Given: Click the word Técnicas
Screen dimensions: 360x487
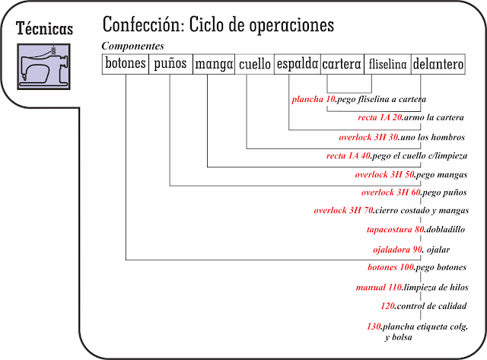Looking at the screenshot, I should (x=46, y=28).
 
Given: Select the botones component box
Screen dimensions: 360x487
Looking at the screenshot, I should (x=125, y=65).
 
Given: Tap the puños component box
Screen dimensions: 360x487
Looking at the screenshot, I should (x=170, y=65).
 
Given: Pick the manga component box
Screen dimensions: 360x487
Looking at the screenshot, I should (x=213, y=65).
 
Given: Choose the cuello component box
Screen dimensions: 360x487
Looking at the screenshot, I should (x=254, y=65).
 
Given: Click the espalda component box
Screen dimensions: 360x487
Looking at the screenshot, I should (x=297, y=65).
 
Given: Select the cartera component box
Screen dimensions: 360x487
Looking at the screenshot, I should (x=342, y=65).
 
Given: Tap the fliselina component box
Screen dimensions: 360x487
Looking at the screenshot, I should (x=387, y=65).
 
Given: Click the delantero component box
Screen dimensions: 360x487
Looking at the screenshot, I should (x=438, y=65).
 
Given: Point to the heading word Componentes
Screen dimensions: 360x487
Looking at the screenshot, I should (x=133, y=46).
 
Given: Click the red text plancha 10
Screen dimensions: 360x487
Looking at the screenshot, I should (x=314, y=100).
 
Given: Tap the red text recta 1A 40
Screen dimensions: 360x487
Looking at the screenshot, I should (x=348, y=156).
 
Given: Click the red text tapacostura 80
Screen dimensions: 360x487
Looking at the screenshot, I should (x=395, y=229).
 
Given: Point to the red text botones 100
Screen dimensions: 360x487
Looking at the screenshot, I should (x=390, y=268).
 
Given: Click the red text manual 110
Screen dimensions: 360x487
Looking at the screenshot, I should (x=378, y=288).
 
